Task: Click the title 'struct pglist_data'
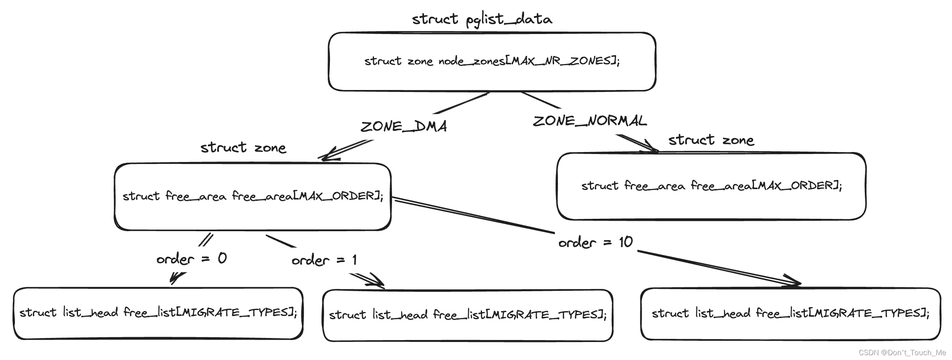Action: [x=482, y=19]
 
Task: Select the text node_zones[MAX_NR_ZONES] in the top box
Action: [x=528, y=61]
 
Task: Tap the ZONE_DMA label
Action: [x=404, y=126]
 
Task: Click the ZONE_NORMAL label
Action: [x=590, y=121]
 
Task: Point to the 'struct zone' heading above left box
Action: [x=243, y=148]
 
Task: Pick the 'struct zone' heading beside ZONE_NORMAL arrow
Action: [x=711, y=140]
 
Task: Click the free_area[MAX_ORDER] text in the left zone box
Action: [x=307, y=196]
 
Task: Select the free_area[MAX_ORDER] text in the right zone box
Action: [x=766, y=186]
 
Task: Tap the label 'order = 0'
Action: [x=192, y=259]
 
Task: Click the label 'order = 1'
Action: [x=324, y=260]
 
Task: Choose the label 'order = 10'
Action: [x=595, y=242]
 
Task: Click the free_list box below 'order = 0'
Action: [x=158, y=313]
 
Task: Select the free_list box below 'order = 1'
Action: [x=468, y=315]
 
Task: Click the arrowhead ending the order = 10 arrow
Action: [x=794, y=282]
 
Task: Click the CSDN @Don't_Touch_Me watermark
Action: [x=902, y=352]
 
